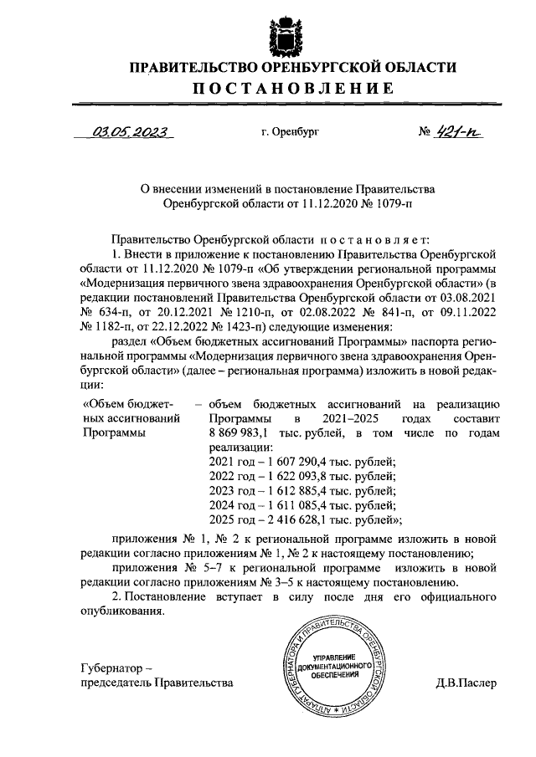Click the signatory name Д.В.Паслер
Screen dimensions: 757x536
[x=466, y=683]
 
